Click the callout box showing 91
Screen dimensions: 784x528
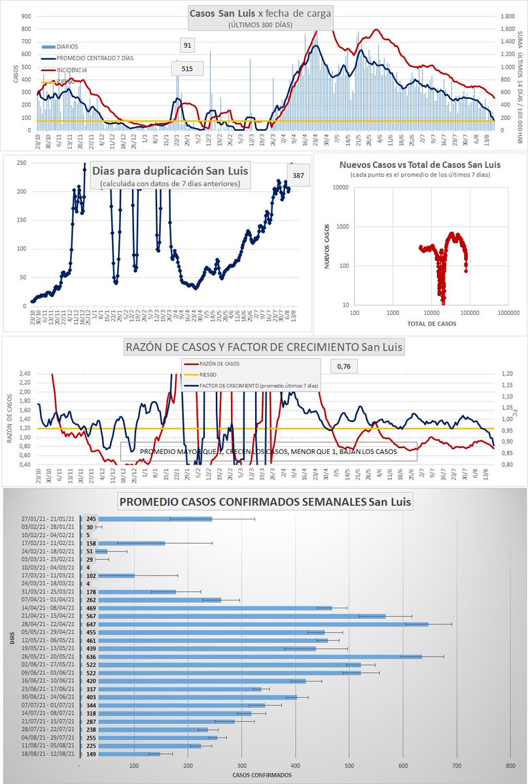point(187,45)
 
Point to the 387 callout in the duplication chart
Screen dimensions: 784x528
point(298,175)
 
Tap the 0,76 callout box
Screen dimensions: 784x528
point(343,367)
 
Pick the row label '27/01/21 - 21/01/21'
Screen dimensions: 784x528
point(48,518)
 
